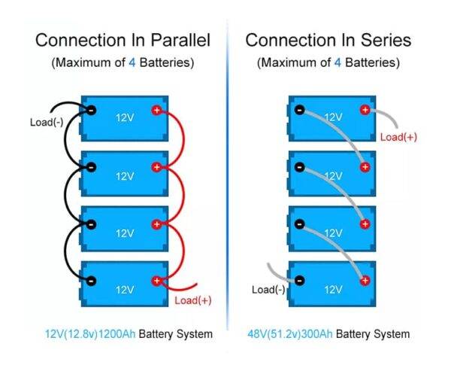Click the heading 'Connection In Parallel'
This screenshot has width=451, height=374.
click(123, 40)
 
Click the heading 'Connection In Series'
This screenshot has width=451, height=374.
click(328, 40)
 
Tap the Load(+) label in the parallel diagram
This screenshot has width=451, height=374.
click(193, 300)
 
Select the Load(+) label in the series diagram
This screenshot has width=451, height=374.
click(398, 137)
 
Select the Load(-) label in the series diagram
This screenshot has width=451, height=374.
click(270, 290)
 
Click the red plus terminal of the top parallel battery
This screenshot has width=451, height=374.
click(156, 110)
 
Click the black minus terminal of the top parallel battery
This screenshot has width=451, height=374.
click(91, 110)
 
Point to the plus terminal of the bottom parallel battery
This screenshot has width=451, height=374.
click(156, 281)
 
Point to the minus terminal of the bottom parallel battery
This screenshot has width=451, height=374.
click(91, 281)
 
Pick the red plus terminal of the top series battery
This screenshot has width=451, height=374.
click(365, 110)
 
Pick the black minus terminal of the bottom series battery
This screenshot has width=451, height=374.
click(299, 281)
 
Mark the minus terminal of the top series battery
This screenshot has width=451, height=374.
click(299, 110)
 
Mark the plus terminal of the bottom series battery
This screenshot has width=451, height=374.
click(365, 281)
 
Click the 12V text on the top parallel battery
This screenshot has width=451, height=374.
click(124, 118)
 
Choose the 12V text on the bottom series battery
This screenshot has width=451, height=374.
click(331, 289)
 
